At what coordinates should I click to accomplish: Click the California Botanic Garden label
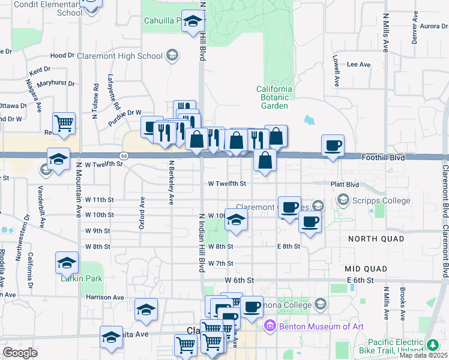[275, 97]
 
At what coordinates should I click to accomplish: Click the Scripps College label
[382, 201]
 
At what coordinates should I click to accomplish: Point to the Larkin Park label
[81, 278]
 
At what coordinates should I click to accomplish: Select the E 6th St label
[360, 280]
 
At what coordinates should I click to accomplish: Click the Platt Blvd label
[345, 184]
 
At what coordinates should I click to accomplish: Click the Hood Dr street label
[62, 55]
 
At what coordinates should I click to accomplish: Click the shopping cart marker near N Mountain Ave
[64, 123]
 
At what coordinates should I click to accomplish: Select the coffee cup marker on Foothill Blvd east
[333, 145]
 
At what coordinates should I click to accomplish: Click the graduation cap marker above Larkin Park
[67, 262]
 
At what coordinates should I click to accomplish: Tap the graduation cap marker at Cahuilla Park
[193, 22]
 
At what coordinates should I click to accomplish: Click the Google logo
[20, 353]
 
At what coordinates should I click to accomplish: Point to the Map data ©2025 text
[424, 355]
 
